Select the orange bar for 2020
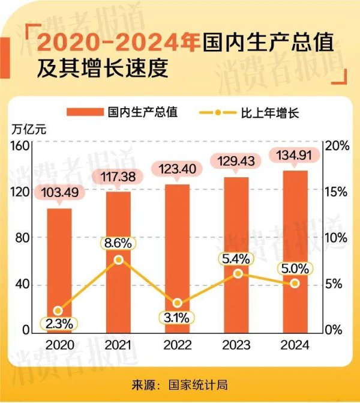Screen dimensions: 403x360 tap(59, 270)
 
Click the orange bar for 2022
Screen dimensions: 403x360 tap(177, 258)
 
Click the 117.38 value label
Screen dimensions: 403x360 tap(118, 176)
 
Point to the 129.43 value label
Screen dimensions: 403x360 tap(236, 161)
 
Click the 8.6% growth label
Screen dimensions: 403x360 tap(118, 244)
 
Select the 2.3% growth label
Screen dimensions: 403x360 tap(59, 323)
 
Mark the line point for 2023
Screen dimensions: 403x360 tap(238, 273)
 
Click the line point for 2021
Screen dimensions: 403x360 tap(119, 259)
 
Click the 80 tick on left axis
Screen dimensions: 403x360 tap(22, 238)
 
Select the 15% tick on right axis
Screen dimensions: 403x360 tap(335, 192)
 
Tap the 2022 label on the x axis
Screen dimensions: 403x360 tap(177, 345)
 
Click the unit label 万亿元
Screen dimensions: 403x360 tap(28, 128)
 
